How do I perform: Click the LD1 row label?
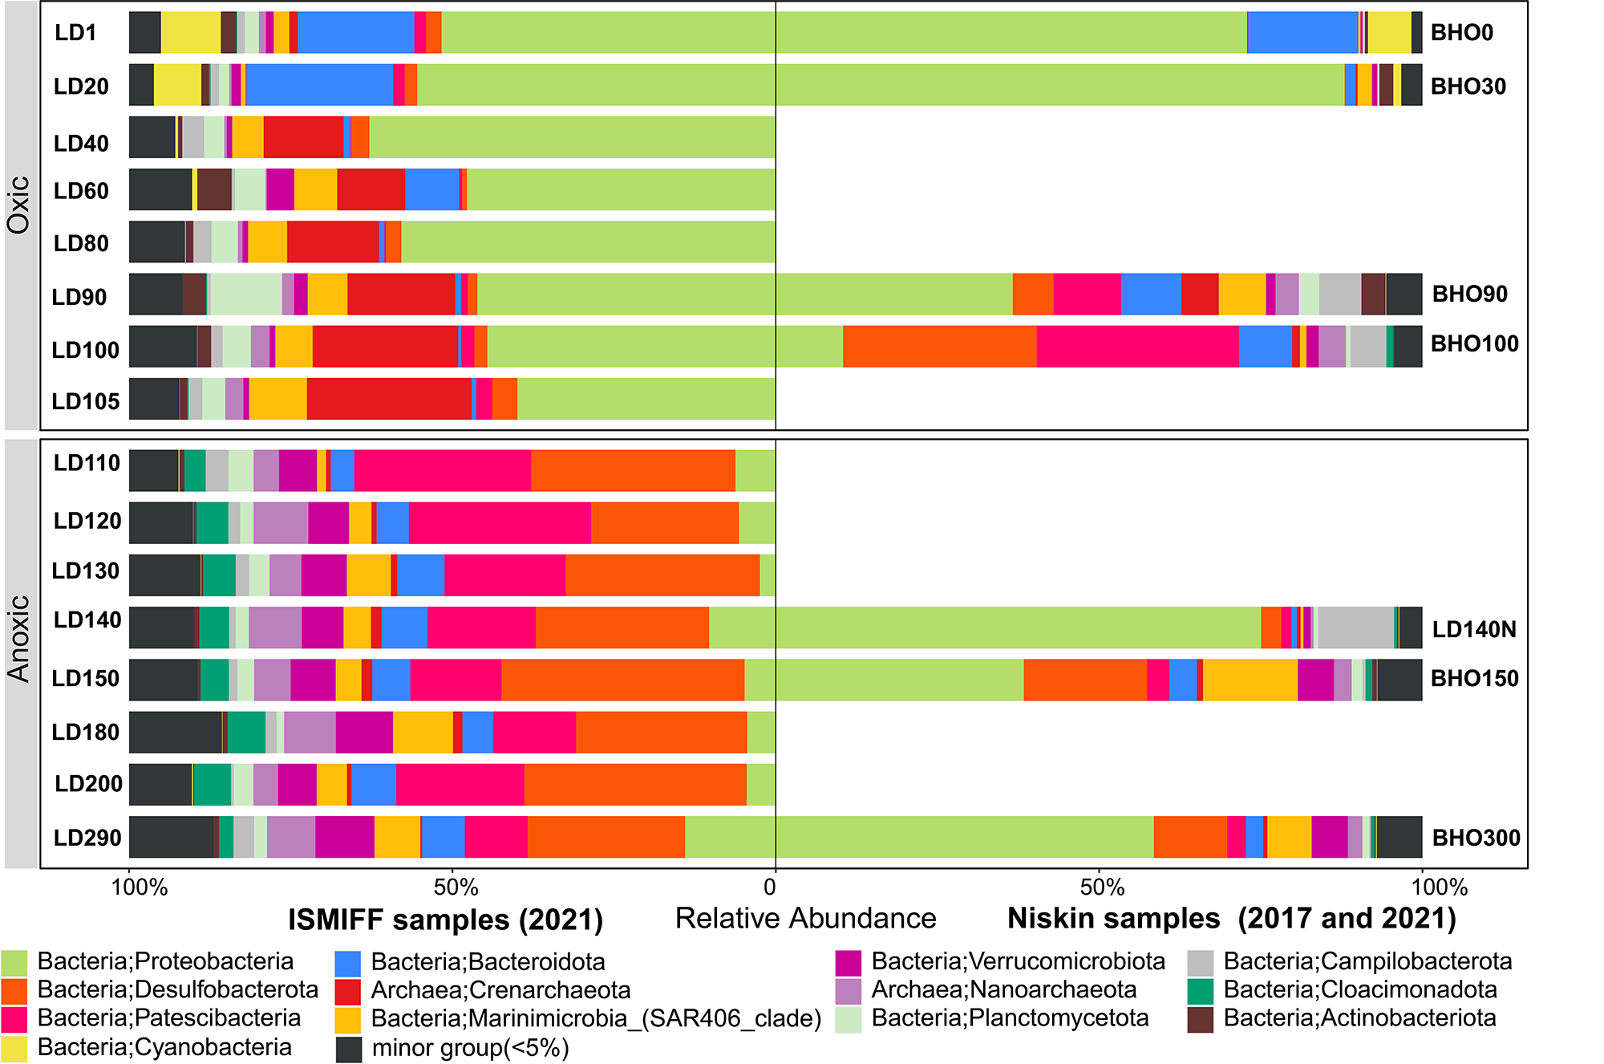click(75, 33)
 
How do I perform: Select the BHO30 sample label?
click(1468, 86)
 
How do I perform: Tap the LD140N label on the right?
click(1474, 629)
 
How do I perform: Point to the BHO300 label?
click(1476, 838)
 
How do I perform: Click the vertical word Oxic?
click(19, 205)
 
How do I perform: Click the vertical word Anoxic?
click(19, 639)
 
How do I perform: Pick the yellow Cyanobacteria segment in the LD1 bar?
click(191, 33)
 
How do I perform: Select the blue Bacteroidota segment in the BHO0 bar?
click(1302, 33)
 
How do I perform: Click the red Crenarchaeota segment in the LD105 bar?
click(389, 399)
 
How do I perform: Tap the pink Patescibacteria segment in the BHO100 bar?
click(1137, 347)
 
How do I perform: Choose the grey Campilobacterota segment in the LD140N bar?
click(1355, 627)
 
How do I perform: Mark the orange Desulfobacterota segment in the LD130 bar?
click(662, 575)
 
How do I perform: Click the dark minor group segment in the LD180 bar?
click(175, 732)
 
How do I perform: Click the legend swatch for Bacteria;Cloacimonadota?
click(1201, 991)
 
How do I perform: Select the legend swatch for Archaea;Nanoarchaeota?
click(848, 991)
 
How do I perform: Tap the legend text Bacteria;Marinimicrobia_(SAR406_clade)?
click(596, 1018)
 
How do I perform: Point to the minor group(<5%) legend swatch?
click(349, 1048)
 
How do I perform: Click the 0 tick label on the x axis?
click(770, 887)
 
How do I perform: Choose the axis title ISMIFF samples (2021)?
click(445, 920)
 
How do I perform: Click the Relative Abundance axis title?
click(805, 918)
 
